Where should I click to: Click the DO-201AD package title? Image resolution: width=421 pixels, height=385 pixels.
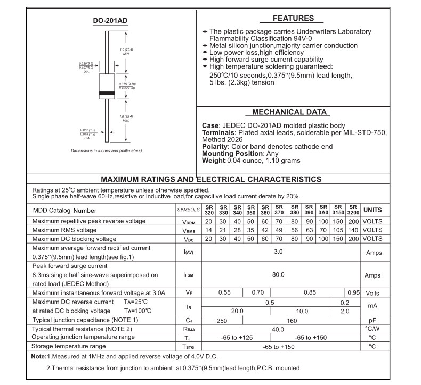point(111,21)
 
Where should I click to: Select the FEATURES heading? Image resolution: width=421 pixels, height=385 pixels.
point(293,18)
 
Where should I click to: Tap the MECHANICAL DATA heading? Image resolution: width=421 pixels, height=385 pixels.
point(289,113)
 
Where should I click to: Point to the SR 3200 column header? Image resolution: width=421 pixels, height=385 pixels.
point(353,210)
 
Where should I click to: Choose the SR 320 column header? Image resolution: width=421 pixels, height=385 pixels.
point(209,210)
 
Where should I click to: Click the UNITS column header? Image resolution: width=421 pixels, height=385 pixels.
point(373,210)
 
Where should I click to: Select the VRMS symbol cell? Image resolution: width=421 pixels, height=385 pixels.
point(189,230)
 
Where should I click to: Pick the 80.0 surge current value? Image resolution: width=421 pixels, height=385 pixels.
point(278,275)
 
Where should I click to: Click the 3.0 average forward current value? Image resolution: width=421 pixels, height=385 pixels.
point(278,252)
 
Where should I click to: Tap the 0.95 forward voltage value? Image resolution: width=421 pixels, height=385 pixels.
point(353,292)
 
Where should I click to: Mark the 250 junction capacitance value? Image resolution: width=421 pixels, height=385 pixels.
point(222,320)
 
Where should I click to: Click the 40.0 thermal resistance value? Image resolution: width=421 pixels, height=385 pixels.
point(278,329)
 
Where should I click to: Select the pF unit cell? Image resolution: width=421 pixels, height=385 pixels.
point(373,320)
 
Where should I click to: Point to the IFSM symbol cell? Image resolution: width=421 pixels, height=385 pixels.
point(189,275)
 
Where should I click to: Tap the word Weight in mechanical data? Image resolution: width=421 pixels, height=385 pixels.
point(214,160)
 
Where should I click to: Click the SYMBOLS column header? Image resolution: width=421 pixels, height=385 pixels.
point(189,210)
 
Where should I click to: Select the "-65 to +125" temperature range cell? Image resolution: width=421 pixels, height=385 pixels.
point(237,338)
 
